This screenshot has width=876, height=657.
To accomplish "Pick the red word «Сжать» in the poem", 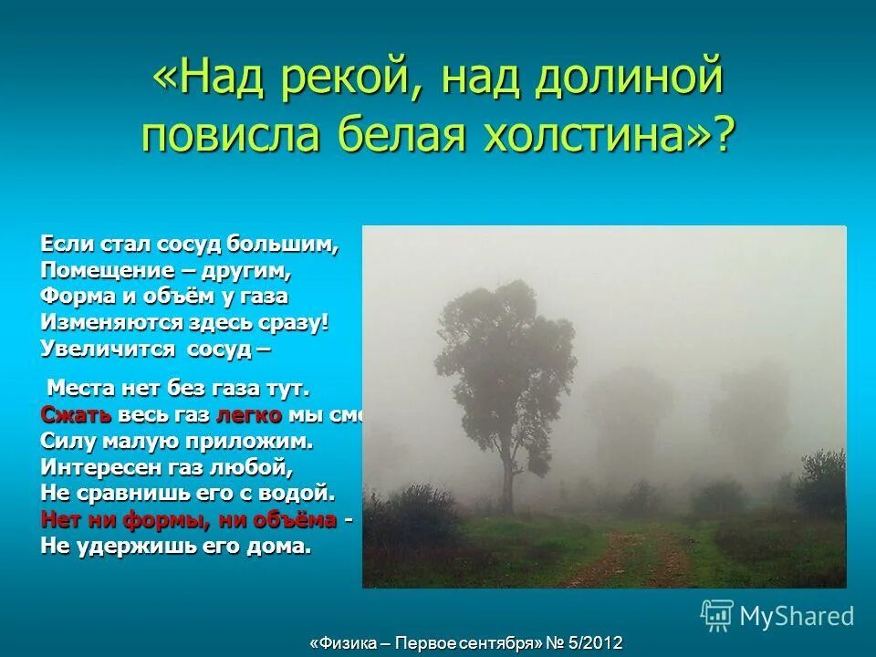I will [x=77, y=414].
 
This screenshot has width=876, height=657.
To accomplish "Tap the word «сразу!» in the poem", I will [x=293, y=322].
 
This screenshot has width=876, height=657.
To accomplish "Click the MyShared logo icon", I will [x=716, y=615].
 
